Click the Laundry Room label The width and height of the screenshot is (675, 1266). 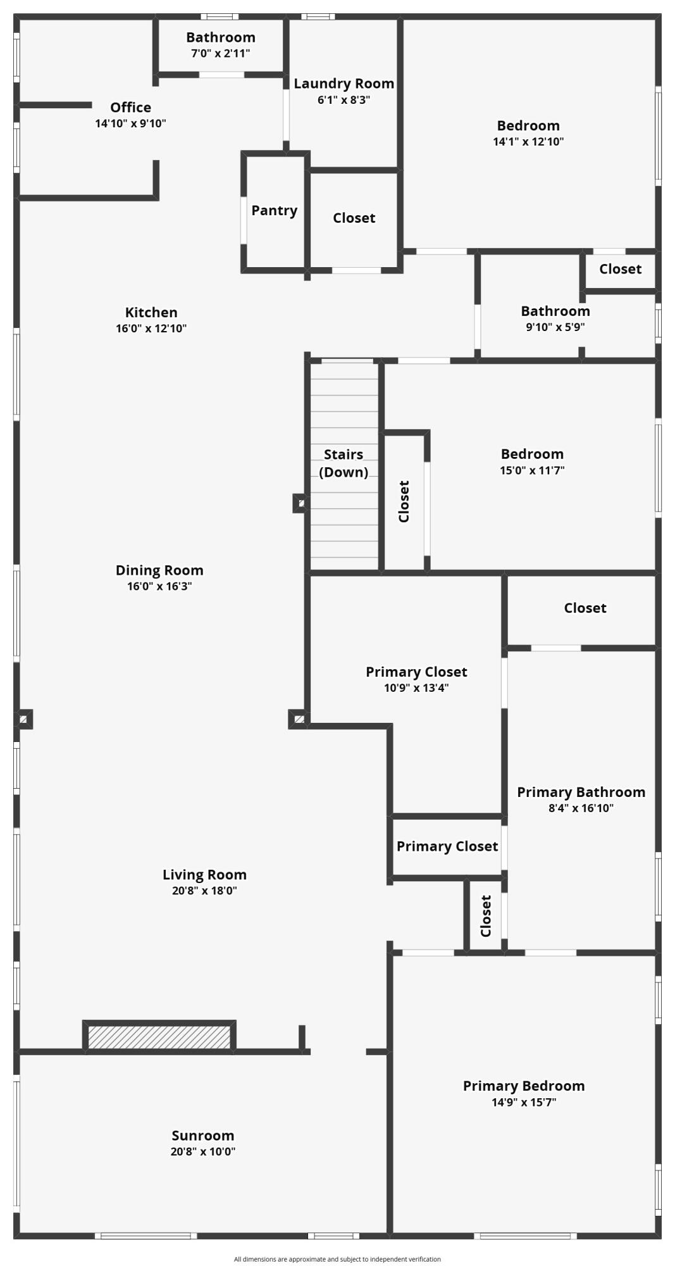click(344, 84)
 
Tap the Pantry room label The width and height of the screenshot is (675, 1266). click(275, 211)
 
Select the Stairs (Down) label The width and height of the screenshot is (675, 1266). click(344, 463)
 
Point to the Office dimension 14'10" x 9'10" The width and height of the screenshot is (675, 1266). click(131, 123)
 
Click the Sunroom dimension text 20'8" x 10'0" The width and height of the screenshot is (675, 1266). click(203, 1151)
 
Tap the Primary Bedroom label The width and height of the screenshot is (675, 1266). click(524, 1086)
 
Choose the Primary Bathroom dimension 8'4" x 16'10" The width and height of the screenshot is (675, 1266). click(581, 808)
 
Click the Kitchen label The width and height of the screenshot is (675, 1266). click(151, 312)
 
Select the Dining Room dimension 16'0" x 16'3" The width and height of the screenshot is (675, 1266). click(159, 586)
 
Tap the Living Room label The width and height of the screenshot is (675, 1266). click(204, 875)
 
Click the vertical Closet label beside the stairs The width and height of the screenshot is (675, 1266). click(404, 501)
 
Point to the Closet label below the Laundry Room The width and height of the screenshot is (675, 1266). click(354, 218)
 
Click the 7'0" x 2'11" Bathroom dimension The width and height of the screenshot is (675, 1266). click(221, 53)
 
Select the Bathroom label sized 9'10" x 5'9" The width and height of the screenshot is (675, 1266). click(555, 311)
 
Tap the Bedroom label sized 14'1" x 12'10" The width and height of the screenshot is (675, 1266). click(528, 125)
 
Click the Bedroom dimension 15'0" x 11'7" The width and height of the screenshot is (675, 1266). click(532, 470)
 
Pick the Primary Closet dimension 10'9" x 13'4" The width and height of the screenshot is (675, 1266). click(417, 688)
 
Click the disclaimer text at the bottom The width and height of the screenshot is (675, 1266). click(337, 1259)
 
